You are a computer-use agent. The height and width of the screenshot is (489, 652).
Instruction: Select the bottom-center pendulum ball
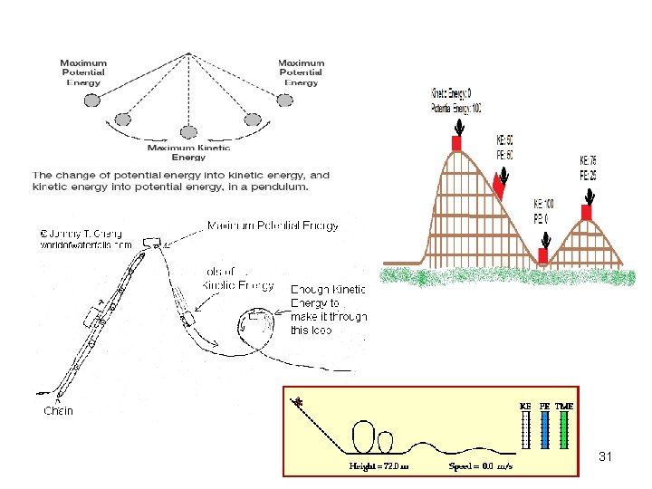[x=188, y=132]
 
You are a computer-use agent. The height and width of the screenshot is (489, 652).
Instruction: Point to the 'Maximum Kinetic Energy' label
[x=188, y=152]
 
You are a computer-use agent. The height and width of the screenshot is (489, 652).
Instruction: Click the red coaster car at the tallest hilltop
[x=457, y=142]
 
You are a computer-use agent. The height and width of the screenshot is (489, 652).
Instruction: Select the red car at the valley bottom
[x=543, y=255]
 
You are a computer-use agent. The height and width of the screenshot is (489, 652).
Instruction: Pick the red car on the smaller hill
[x=586, y=212]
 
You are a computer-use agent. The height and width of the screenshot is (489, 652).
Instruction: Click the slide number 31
[x=606, y=457]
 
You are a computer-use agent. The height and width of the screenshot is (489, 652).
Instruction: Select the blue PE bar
[x=544, y=431]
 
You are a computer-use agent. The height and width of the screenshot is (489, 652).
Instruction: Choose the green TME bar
[x=563, y=431]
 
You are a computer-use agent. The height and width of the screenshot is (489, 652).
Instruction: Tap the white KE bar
[x=525, y=431]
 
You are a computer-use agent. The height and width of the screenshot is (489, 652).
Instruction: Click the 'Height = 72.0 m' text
[x=379, y=467]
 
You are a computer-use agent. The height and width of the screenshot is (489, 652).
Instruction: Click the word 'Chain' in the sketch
[x=60, y=410]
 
